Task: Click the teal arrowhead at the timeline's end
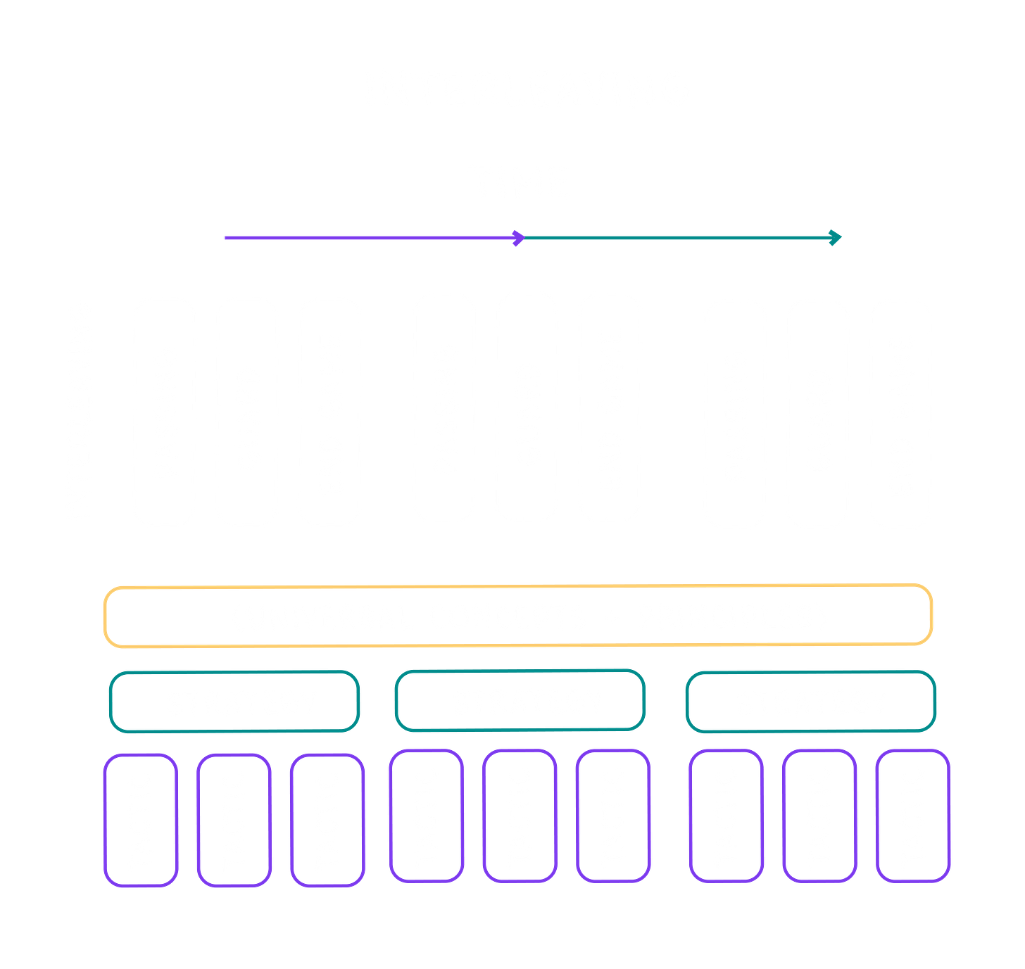point(834,238)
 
